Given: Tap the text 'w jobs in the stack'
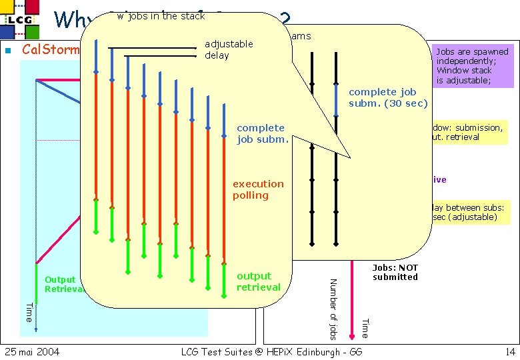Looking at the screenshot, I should pos(161,16).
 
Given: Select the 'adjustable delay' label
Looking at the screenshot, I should pos(229,49).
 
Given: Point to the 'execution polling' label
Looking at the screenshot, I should pos(258,189).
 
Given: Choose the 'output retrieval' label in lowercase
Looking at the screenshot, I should pos(258,281).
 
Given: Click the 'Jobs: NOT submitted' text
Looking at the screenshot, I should pos(395,272).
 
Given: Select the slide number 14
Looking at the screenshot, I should pos(510,351).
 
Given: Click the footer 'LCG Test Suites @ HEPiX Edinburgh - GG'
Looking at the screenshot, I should pos(277,351).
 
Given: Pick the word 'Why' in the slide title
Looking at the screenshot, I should pos(69,20).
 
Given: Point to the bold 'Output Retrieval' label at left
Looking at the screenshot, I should pos(62,284).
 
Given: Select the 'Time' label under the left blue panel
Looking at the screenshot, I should pos(28,311).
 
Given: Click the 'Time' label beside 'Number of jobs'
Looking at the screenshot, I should pos(364,327).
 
